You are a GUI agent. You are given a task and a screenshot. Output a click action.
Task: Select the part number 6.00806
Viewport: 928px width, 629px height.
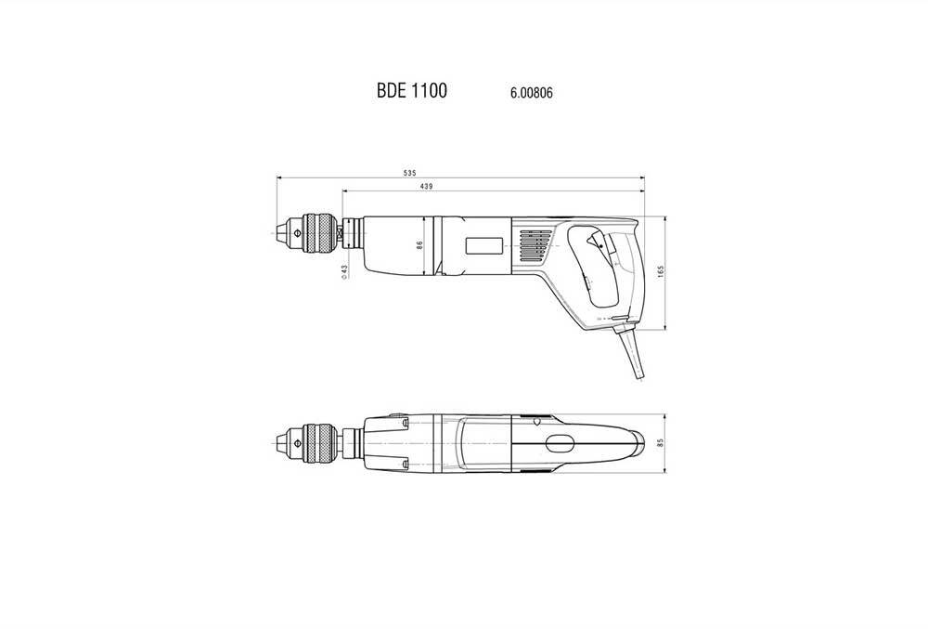pos(532,93)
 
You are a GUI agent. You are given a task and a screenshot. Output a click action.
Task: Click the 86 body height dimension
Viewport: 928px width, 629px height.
pos(419,246)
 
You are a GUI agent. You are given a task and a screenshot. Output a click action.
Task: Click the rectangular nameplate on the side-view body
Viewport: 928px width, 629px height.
pos(485,246)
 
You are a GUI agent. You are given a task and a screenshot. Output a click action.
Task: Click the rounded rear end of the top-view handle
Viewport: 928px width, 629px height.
pos(640,443)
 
